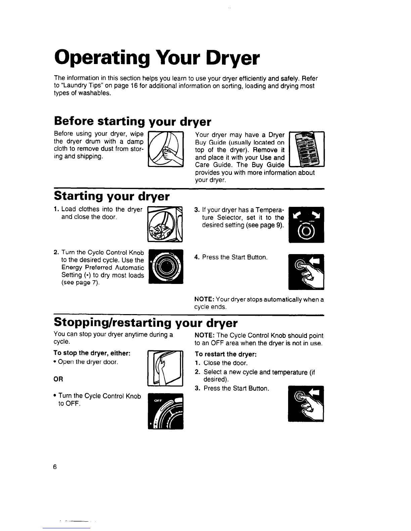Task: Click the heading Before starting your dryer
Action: (132, 121)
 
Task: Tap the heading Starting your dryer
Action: (111, 196)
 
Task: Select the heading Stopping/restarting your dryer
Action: (146, 322)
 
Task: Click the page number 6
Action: (55, 467)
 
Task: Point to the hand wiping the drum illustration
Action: (166, 149)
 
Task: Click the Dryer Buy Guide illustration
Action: (307, 149)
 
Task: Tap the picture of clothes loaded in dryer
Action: (165, 224)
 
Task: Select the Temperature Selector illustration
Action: (306, 225)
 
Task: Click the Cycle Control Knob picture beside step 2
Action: (166, 267)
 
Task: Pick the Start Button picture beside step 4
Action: (306, 272)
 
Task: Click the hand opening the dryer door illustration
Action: (165, 368)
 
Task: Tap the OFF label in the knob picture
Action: (158, 401)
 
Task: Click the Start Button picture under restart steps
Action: (306, 404)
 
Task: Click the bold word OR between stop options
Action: (58, 379)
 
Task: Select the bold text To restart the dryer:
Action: (225, 354)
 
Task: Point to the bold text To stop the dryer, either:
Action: (92, 353)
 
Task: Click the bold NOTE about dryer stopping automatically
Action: (204, 299)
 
